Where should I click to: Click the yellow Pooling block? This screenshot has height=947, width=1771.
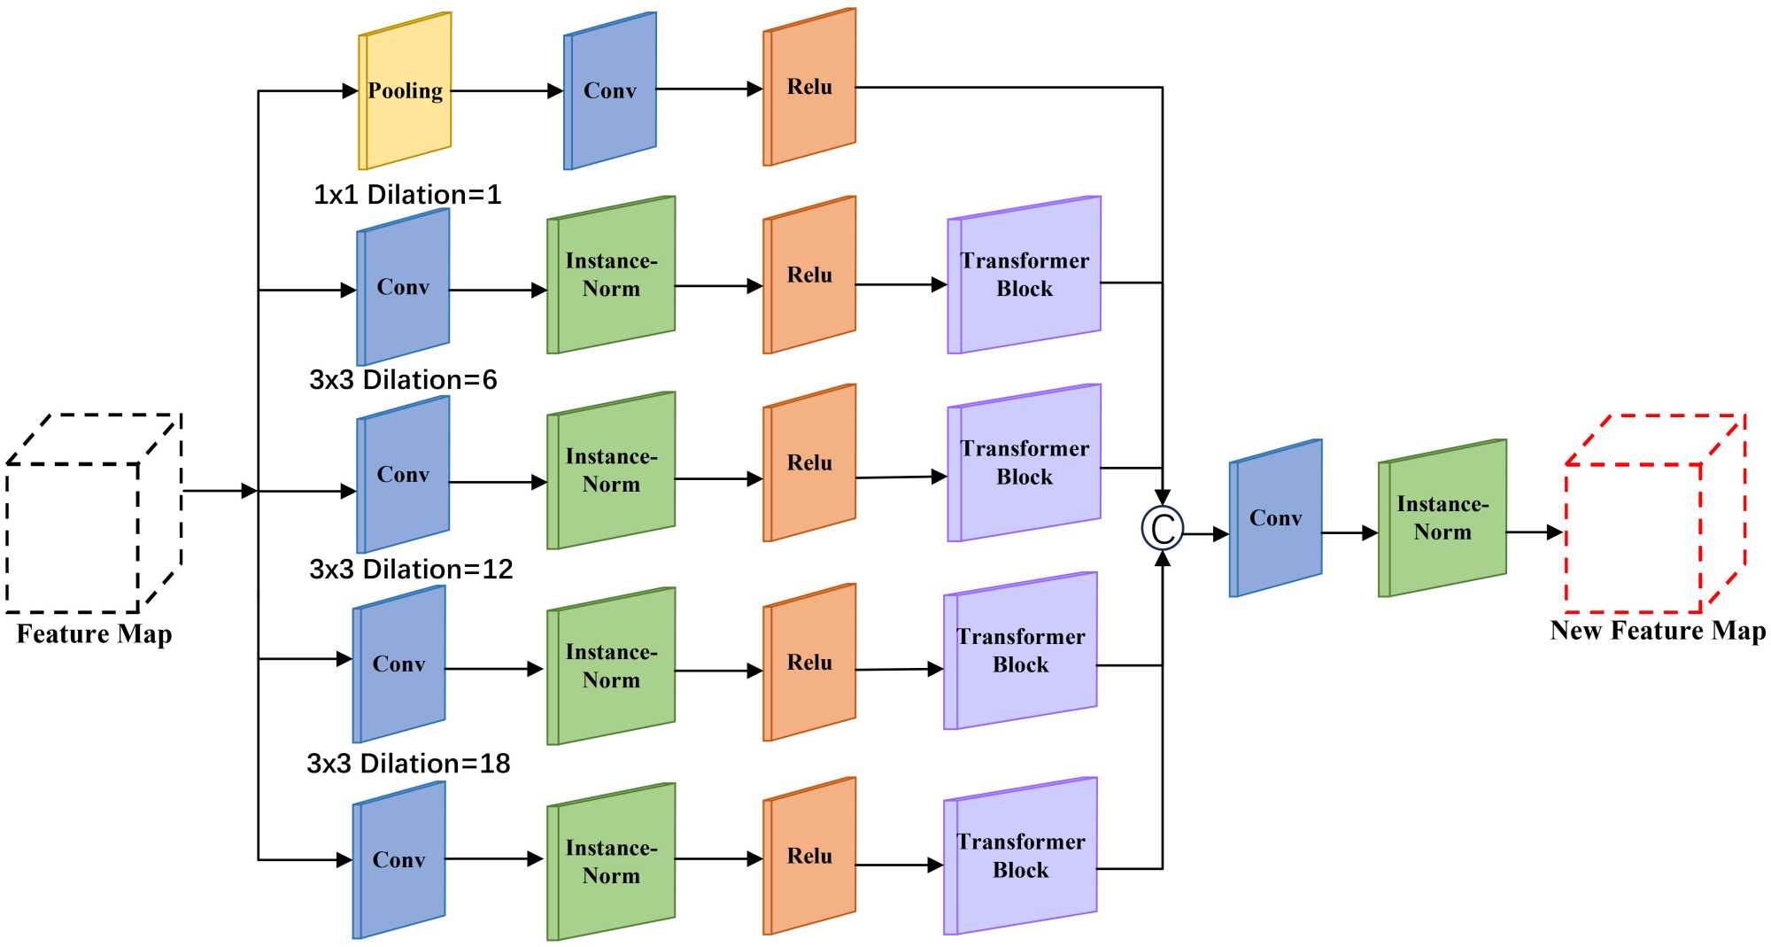click(405, 90)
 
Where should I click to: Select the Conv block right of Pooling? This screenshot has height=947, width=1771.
click(610, 90)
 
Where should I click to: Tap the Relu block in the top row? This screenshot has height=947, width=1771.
click(809, 87)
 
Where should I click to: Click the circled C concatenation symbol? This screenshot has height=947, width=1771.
click(1162, 529)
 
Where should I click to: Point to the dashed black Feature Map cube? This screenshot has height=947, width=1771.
click(93, 514)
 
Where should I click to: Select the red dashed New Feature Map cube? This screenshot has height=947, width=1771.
click(1654, 514)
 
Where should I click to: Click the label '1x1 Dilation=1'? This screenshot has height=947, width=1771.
click(407, 194)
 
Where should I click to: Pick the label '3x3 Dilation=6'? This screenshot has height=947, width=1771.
click(403, 380)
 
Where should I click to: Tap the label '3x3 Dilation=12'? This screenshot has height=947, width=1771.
click(411, 569)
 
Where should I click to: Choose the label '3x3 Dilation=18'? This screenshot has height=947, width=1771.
click(408, 764)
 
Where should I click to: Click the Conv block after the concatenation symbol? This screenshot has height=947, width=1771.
click(1275, 518)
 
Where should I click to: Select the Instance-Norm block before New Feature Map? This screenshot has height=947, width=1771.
click(1442, 518)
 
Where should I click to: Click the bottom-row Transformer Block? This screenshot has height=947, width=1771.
click(1021, 856)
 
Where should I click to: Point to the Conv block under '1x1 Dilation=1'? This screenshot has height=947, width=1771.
click(403, 287)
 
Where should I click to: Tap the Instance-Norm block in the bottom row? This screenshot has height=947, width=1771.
click(611, 861)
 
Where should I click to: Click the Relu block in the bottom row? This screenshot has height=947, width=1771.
click(809, 856)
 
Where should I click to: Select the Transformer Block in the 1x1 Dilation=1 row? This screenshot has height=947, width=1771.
click(1025, 275)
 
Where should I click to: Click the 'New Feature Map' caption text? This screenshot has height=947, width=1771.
click(1657, 631)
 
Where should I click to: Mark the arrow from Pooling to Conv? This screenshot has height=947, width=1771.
click(507, 90)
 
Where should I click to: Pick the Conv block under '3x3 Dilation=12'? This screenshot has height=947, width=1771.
click(398, 664)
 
